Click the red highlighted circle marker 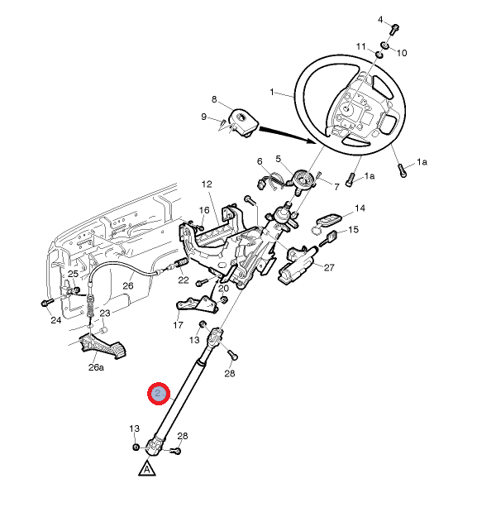(x=157, y=395)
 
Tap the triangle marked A (x=146, y=468)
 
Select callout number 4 (x=381, y=19)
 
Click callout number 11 (x=360, y=45)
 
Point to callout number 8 (x=214, y=100)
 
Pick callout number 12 (x=207, y=184)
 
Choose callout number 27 (x=328, y=267)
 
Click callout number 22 (x=183, y=280)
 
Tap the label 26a (x=97, y=366)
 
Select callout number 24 (x=55, y=320)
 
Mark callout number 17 (x=178, y=325)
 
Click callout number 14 (x=360, y=208)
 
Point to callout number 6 (x=259, y=161)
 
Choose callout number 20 (x=223, y=288)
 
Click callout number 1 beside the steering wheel (x=272, y=92)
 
